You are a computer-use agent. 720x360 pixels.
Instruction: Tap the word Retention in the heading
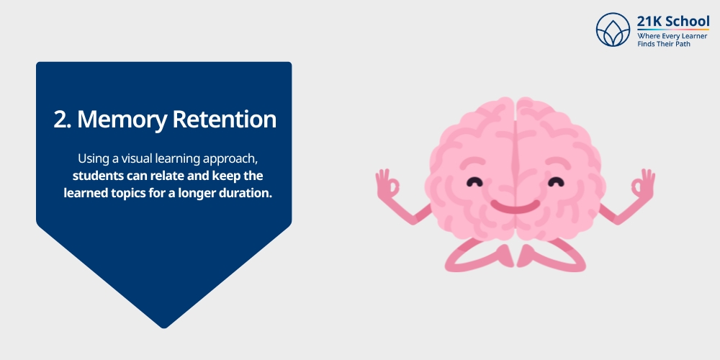click(x=225, y=120)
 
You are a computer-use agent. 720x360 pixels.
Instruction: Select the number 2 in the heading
click(x=60, y=120)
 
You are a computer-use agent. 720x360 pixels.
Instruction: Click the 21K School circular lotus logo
click(x=613, y=30)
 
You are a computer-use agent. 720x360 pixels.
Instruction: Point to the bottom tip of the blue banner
click(x=164, y=326)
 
